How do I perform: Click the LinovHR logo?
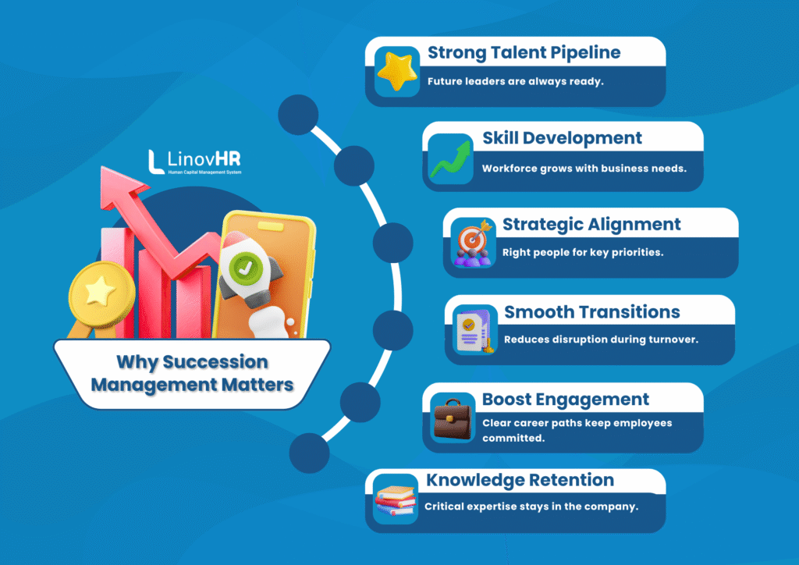[194, 162]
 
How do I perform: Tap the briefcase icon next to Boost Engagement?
[453, 419]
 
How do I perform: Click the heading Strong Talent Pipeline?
[524, 53]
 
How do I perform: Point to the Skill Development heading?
[562, 139]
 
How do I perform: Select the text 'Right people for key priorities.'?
[583, 252]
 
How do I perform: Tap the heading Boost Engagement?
[565, 400]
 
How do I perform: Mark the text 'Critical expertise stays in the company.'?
[531, 506]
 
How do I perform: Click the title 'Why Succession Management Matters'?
[193, 373]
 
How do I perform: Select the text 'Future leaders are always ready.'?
[515, 81]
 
